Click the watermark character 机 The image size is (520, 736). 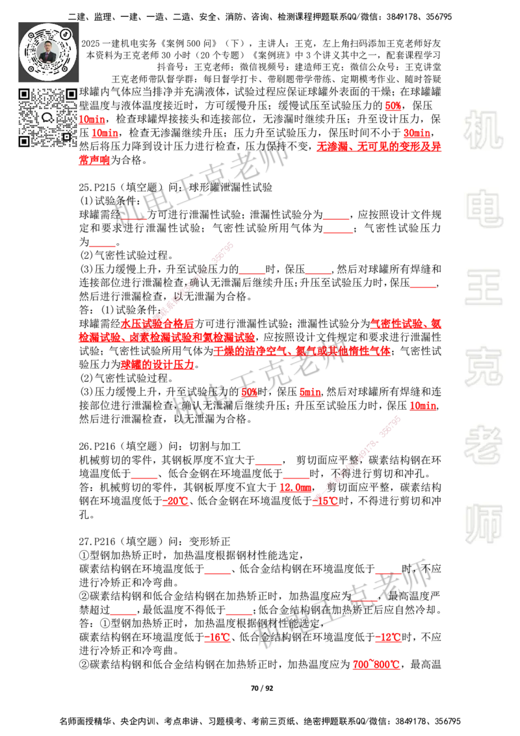coord(483,129)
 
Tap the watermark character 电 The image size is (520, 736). coord(486,208)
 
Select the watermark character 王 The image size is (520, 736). coord(483,288)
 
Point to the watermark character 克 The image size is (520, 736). coord(483,367)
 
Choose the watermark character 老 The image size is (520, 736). coord(483,445)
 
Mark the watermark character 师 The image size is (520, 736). coord(483,525)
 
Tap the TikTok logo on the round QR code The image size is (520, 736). coord(66,33)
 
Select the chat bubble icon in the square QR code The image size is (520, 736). coord(47,118)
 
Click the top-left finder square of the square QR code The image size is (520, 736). coord(24,94)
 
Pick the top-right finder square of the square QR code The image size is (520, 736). coord(71,94)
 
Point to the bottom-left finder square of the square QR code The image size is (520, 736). coord(24,141)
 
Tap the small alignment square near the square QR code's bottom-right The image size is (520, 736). coord(66,137)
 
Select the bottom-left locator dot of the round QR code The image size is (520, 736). coord(30,68)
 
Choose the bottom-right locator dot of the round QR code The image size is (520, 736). coord(66,68)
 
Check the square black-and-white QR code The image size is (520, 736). coord(47,118)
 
